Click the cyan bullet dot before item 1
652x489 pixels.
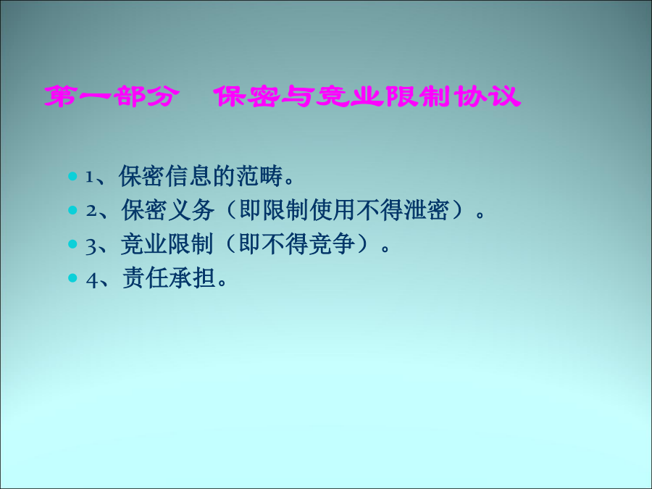pyautogui.click(x=72, y=176)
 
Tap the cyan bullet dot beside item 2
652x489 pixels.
pyautogui.click(x=72, y=210)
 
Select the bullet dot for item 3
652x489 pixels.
pyautogui.click(x=72, y=243)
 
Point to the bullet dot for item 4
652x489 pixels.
pyautogui.click(x=72, y=277)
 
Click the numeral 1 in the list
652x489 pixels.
pyautogui.click(x=89, y=177)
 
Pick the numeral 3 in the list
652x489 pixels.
pyautogui.click(x=91, y=246)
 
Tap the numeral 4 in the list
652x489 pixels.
pyautogui.click(x=91, y=280)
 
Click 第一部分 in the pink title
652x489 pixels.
pyautogui.click(x=112, y=96)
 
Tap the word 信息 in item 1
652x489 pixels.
pyautogui.click(x=189, y=176)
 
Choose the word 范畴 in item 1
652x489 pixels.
pyautogui.click(x=260, y=176)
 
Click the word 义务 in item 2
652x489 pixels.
pyautogui.click(x=191, y=210)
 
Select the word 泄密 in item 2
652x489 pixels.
pyautogui.click(x=426, y=210)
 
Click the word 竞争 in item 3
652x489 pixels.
pyautogui.click(x=332, y=243)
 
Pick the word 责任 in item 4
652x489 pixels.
pyautogui.click(x=145, y=277)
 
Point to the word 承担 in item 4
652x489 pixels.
pyautogui.click(x=192, y=277)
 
